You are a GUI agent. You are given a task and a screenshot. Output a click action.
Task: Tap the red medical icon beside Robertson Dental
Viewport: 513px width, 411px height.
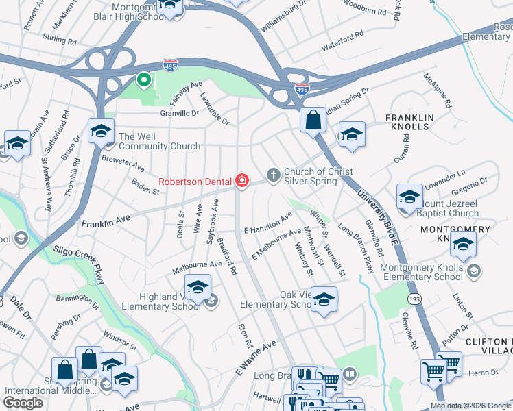click(241, 181)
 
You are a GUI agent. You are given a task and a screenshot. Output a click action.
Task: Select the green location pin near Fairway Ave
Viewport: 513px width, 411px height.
click(143, 81)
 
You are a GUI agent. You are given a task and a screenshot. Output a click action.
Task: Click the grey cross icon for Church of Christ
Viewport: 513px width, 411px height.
click(274, 175)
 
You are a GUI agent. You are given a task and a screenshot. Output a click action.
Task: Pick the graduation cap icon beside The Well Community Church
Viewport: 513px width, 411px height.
click(100, 130)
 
